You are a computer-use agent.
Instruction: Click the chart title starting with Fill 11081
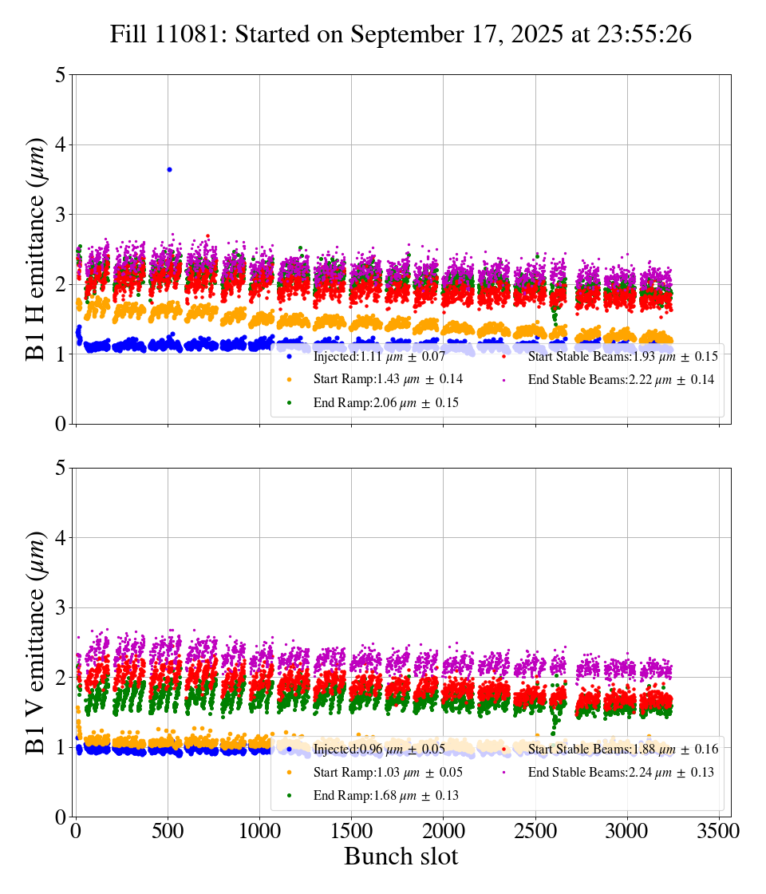401,34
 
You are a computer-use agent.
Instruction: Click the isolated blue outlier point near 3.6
169,169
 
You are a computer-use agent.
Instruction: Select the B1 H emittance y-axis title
37,249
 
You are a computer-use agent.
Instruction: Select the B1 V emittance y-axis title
37,642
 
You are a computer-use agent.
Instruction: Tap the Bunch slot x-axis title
401,857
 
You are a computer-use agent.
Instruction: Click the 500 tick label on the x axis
168,832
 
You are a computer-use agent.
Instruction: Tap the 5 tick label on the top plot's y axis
60,76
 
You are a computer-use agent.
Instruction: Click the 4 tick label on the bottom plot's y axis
60,538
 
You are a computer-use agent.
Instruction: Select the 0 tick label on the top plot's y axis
60,424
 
